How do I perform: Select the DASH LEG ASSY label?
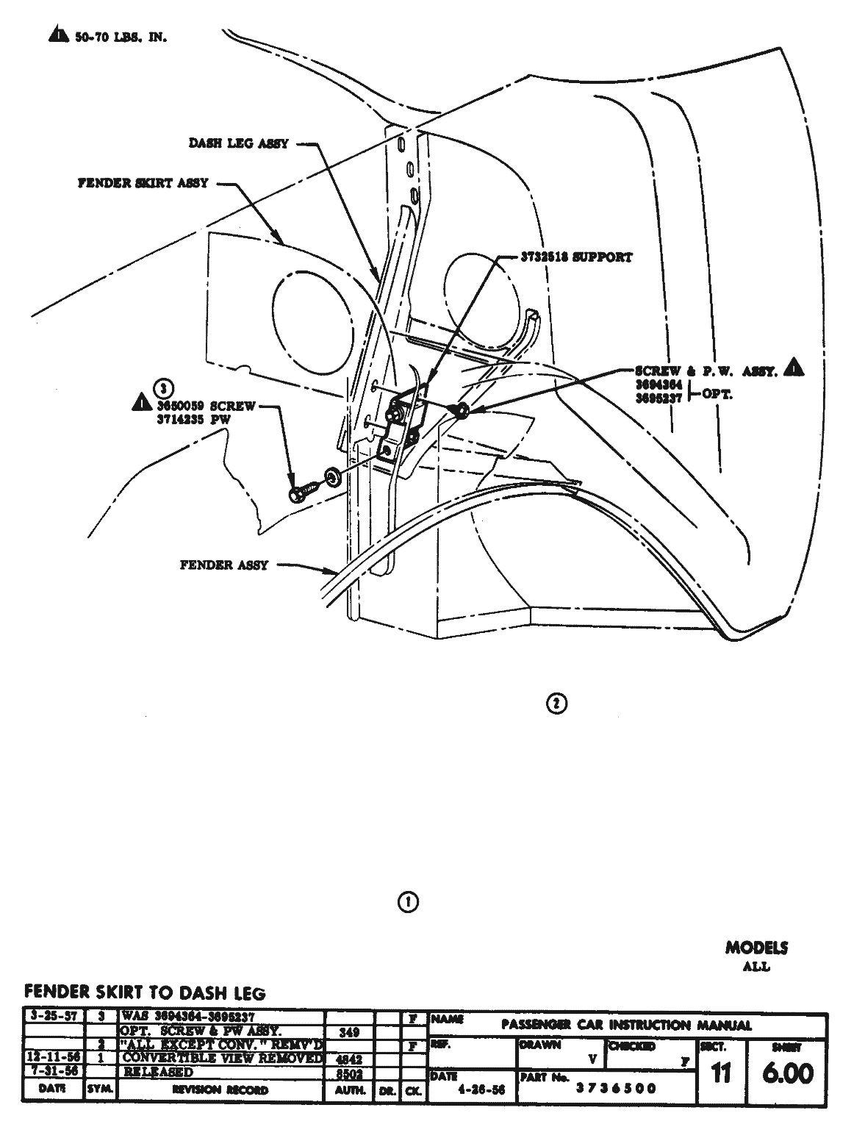tap(238, 145)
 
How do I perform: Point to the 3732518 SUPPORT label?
tap(576, 257)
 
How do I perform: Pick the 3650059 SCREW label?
tap(205, 405)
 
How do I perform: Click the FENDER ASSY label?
tap(223, 565)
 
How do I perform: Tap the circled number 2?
tap(556, 704)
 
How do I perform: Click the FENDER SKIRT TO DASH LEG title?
tap(145, 992)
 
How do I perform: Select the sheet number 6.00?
tap(787, 1073)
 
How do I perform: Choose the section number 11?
tap(721, 1073)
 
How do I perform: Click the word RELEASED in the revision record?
tap(159, 1072)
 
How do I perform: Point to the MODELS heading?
tap(756, 948)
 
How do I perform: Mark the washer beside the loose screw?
tap(332, 479)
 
